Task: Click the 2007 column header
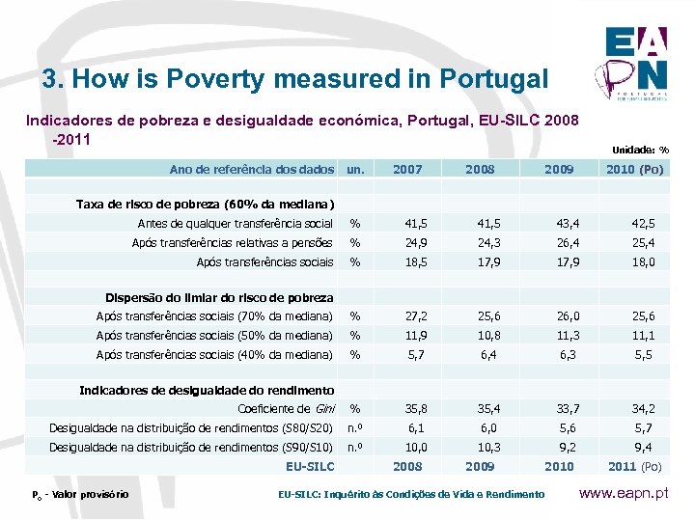pyautogui.click(x=407, y=169)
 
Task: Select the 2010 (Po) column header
pyautogui.click(x=633, y=169)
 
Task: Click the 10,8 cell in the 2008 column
pyautogui.click(x=480, y=335)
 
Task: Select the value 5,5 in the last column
pyautogui.click(x=644, y=354)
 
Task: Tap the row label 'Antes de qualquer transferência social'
pyautogui.click(x=236, y=224)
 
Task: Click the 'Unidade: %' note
pyautogui.click(x=640, y=150)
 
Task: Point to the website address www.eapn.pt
pyautogui.click(x=633, y=493)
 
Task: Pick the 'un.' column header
pyautogui.click(x=355, y=169)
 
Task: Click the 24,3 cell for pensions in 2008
pyautogui.click(x=480, y=243)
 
